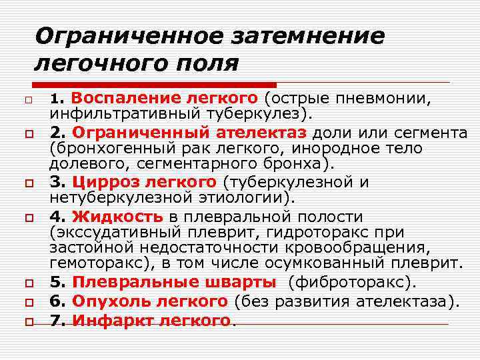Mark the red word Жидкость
point(117,216)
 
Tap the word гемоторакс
point(90,264)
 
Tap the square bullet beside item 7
point(29,322)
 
